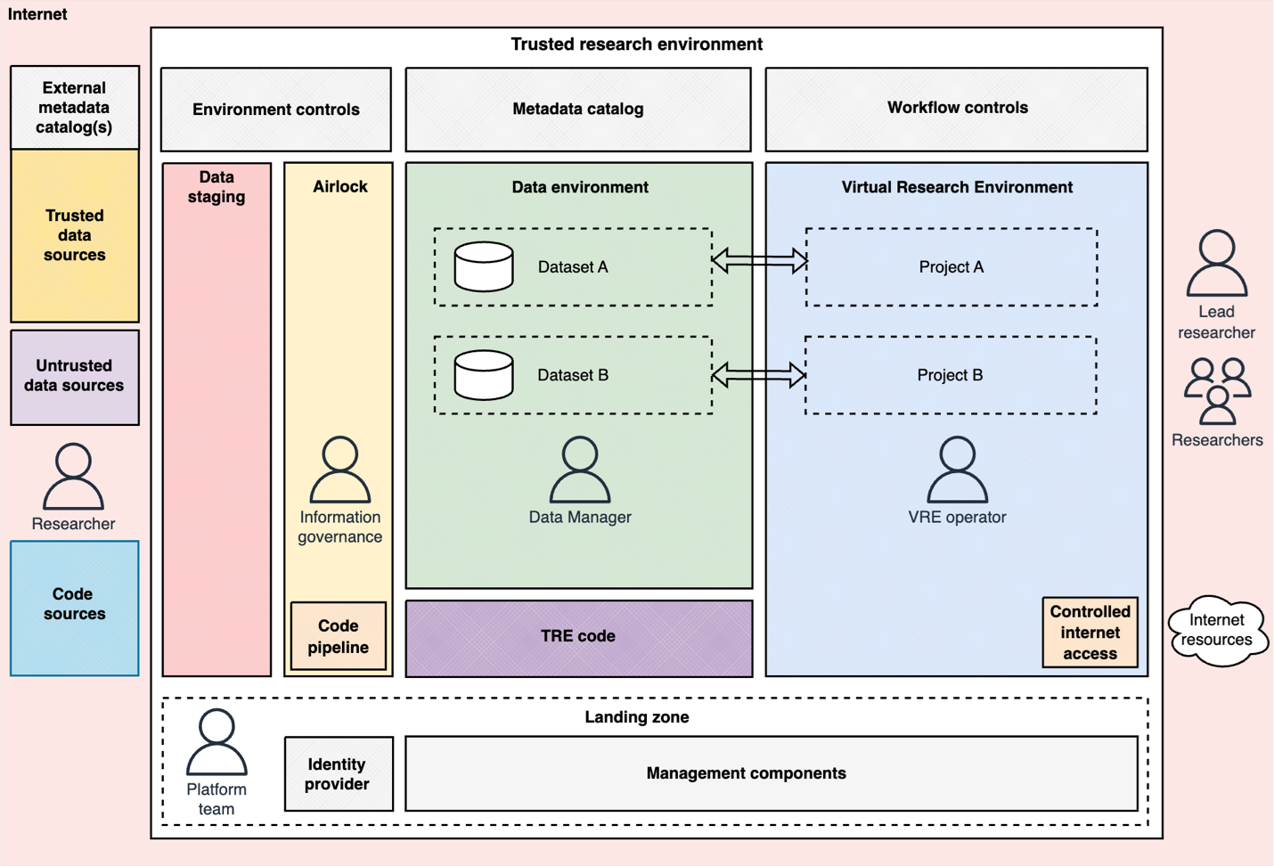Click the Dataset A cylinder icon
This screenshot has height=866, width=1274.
click(x=484, y=266)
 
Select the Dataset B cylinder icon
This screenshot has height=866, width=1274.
click(x=484, y=375)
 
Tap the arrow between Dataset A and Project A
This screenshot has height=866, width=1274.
click(x=759, y=261)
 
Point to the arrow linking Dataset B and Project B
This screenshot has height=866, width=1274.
click(x=759, y=375)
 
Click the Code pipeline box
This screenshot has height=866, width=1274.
click(x=339, y=636)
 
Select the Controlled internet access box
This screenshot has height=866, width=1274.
click(x=1090, y=633)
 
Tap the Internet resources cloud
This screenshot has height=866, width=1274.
click(x=1217, y=631)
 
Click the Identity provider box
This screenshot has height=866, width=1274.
click(x=339, y=773)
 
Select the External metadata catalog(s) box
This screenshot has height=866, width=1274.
click(x=75, y=107)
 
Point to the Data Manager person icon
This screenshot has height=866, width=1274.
click(x=580, y=470)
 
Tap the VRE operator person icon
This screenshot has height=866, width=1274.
click(x=957, y=470)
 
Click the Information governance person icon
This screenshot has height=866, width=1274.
click(x=339, y=470)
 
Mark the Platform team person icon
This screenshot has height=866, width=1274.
click(x=216, y=742)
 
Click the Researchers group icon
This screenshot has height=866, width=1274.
click(x=1217, y=391)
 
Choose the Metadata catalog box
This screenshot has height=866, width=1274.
click(x=578, y=110)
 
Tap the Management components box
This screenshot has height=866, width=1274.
click(x=772, y=773)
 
